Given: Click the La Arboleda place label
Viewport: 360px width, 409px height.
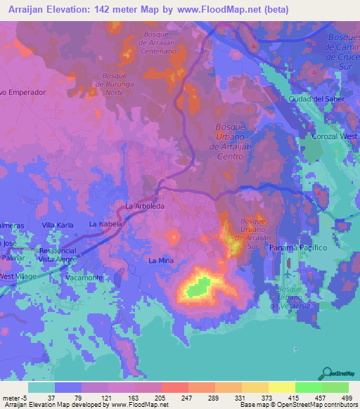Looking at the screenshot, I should [144, 206].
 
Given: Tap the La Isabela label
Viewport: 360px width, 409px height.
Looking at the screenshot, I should [106, 223].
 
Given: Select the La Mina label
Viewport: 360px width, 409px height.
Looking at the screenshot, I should [160, 261].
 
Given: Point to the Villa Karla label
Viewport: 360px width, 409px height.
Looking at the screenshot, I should [58, 224].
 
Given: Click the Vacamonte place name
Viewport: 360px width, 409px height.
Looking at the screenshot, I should [84, 278].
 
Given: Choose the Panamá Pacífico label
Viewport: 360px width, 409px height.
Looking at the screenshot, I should [299, 248].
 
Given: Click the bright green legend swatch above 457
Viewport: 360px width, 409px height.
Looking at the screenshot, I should [309, 387].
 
